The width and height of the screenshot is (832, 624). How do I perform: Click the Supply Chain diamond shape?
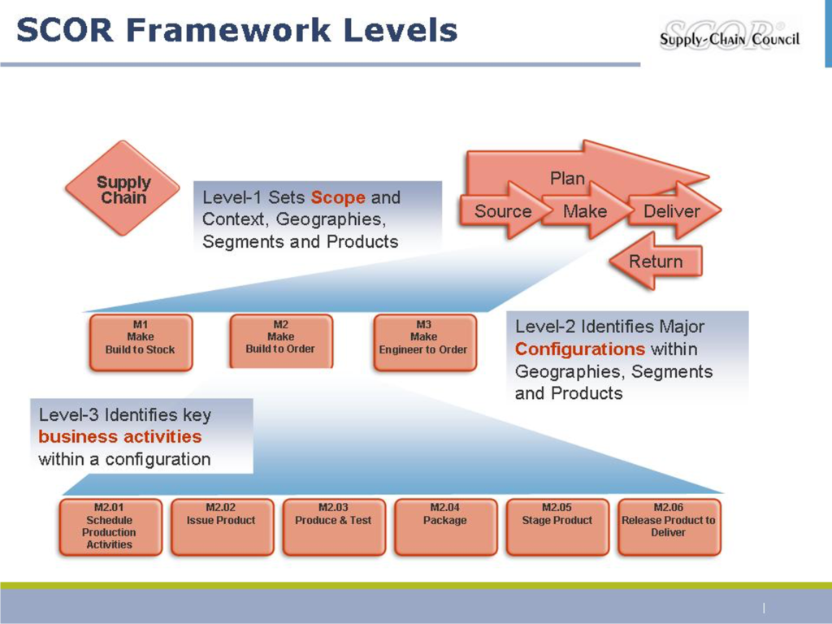click(123, 189)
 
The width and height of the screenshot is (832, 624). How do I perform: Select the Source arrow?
click(502, 211)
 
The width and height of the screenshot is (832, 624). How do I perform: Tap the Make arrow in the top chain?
click(585, 211)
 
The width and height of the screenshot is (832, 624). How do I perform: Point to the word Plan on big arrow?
click(567, 178)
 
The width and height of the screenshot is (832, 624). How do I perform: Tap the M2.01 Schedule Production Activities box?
click(110, 526)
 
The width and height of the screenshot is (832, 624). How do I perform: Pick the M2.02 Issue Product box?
click(221, 526)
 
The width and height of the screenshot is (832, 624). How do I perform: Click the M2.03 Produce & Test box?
click(333, 526)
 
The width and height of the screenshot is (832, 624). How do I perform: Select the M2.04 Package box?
click(445, 526)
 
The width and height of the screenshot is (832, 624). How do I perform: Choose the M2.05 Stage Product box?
click(557, 526)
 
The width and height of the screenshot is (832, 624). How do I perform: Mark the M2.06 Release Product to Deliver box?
click(669, 526)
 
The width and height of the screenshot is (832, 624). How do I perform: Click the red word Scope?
click(338, 197)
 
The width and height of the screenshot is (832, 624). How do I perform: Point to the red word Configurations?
click(580, 349)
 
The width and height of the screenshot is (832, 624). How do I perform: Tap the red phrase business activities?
click(120, 437)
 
